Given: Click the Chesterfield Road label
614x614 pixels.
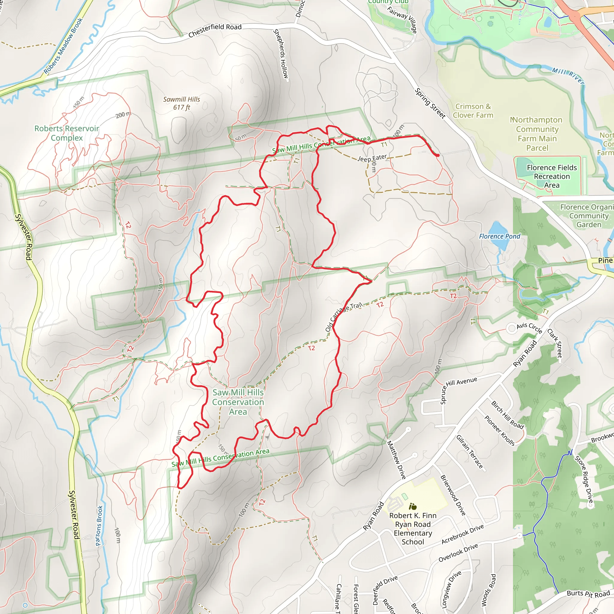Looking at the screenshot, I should tap(215, 31).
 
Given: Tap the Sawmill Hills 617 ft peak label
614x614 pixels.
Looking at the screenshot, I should tap(181, 103).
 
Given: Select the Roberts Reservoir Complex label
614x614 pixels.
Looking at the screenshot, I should tap(67, 133).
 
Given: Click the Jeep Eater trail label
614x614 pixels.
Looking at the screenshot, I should tap(372, 158).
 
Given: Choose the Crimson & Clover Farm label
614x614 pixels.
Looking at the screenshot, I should tap(473, 111).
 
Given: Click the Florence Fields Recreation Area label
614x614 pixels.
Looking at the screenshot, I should tap(552, 176).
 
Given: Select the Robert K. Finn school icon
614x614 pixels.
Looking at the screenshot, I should tap(413, 506).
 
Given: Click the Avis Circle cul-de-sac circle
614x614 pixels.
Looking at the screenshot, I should tap(511, 328).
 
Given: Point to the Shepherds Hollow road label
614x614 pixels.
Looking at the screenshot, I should tap(281, 54).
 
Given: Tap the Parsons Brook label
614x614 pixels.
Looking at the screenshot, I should tap(99, 526).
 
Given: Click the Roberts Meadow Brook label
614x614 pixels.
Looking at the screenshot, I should tap(63, 46).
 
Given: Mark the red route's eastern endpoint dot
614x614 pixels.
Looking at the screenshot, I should tap(438, 155).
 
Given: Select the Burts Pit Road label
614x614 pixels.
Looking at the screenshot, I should tap(588, 594).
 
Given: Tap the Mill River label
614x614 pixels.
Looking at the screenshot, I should tap(568, 76).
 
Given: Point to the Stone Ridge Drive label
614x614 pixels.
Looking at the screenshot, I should tap(583, 480).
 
